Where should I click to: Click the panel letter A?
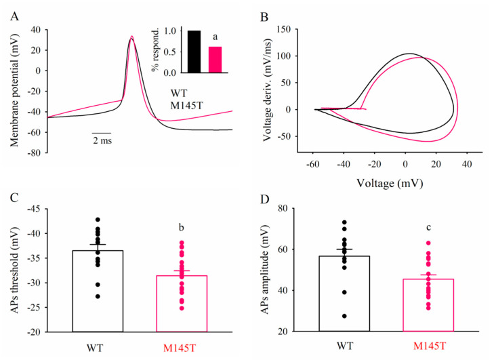pos(13,18)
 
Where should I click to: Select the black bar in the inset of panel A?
pos(194,52)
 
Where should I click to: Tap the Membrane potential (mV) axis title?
pos(13,90)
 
